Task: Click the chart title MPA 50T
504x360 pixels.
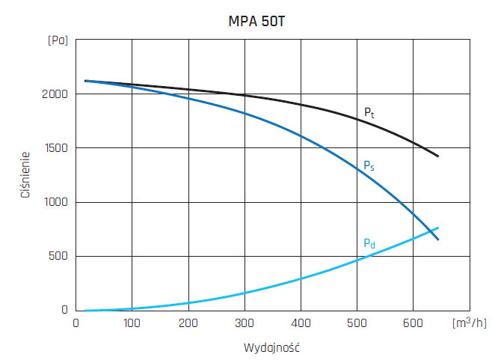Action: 256,22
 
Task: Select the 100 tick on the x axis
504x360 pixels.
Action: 132,323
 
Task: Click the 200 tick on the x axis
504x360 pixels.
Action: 188,323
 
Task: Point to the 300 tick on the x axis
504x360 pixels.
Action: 245,323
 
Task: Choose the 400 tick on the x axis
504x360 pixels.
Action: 301,323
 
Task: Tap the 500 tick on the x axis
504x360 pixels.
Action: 357,323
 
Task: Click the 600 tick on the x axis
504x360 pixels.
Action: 414,323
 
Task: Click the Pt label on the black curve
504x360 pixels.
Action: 369,113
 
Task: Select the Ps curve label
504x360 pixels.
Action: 369,166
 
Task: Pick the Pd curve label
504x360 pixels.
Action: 369,242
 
